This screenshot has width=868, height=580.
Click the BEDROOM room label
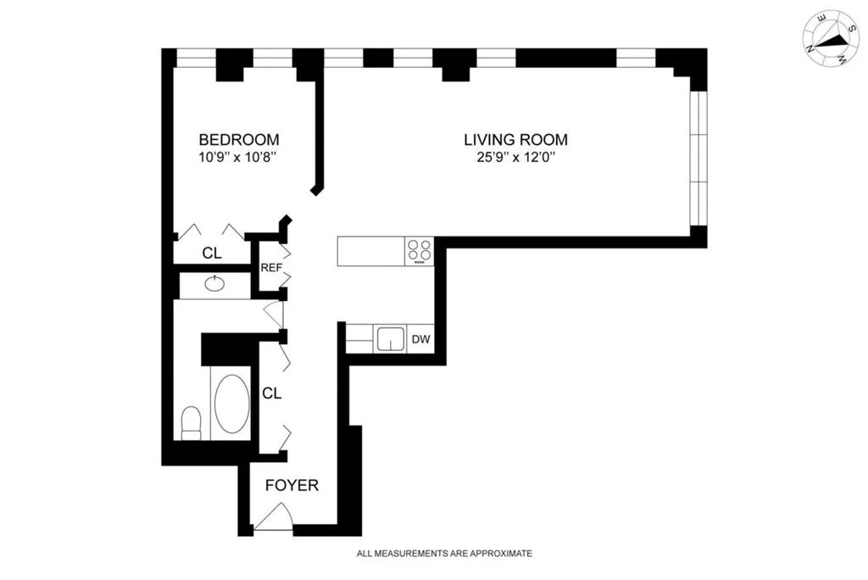238,139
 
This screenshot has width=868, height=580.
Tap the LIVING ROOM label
515,139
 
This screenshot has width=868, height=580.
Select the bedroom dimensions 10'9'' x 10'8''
238,157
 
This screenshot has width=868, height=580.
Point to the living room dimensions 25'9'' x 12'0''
515,157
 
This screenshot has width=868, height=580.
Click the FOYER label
292,486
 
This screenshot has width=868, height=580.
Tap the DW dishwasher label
420,340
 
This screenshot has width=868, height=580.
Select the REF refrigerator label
270,268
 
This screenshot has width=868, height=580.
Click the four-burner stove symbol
419,250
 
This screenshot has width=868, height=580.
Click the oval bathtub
231,404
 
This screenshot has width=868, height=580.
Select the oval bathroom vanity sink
214,285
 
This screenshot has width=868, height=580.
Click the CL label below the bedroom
212,253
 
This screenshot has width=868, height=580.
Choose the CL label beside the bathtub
271,393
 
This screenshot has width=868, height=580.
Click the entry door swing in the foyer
275,517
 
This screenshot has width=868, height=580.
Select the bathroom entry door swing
275,314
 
